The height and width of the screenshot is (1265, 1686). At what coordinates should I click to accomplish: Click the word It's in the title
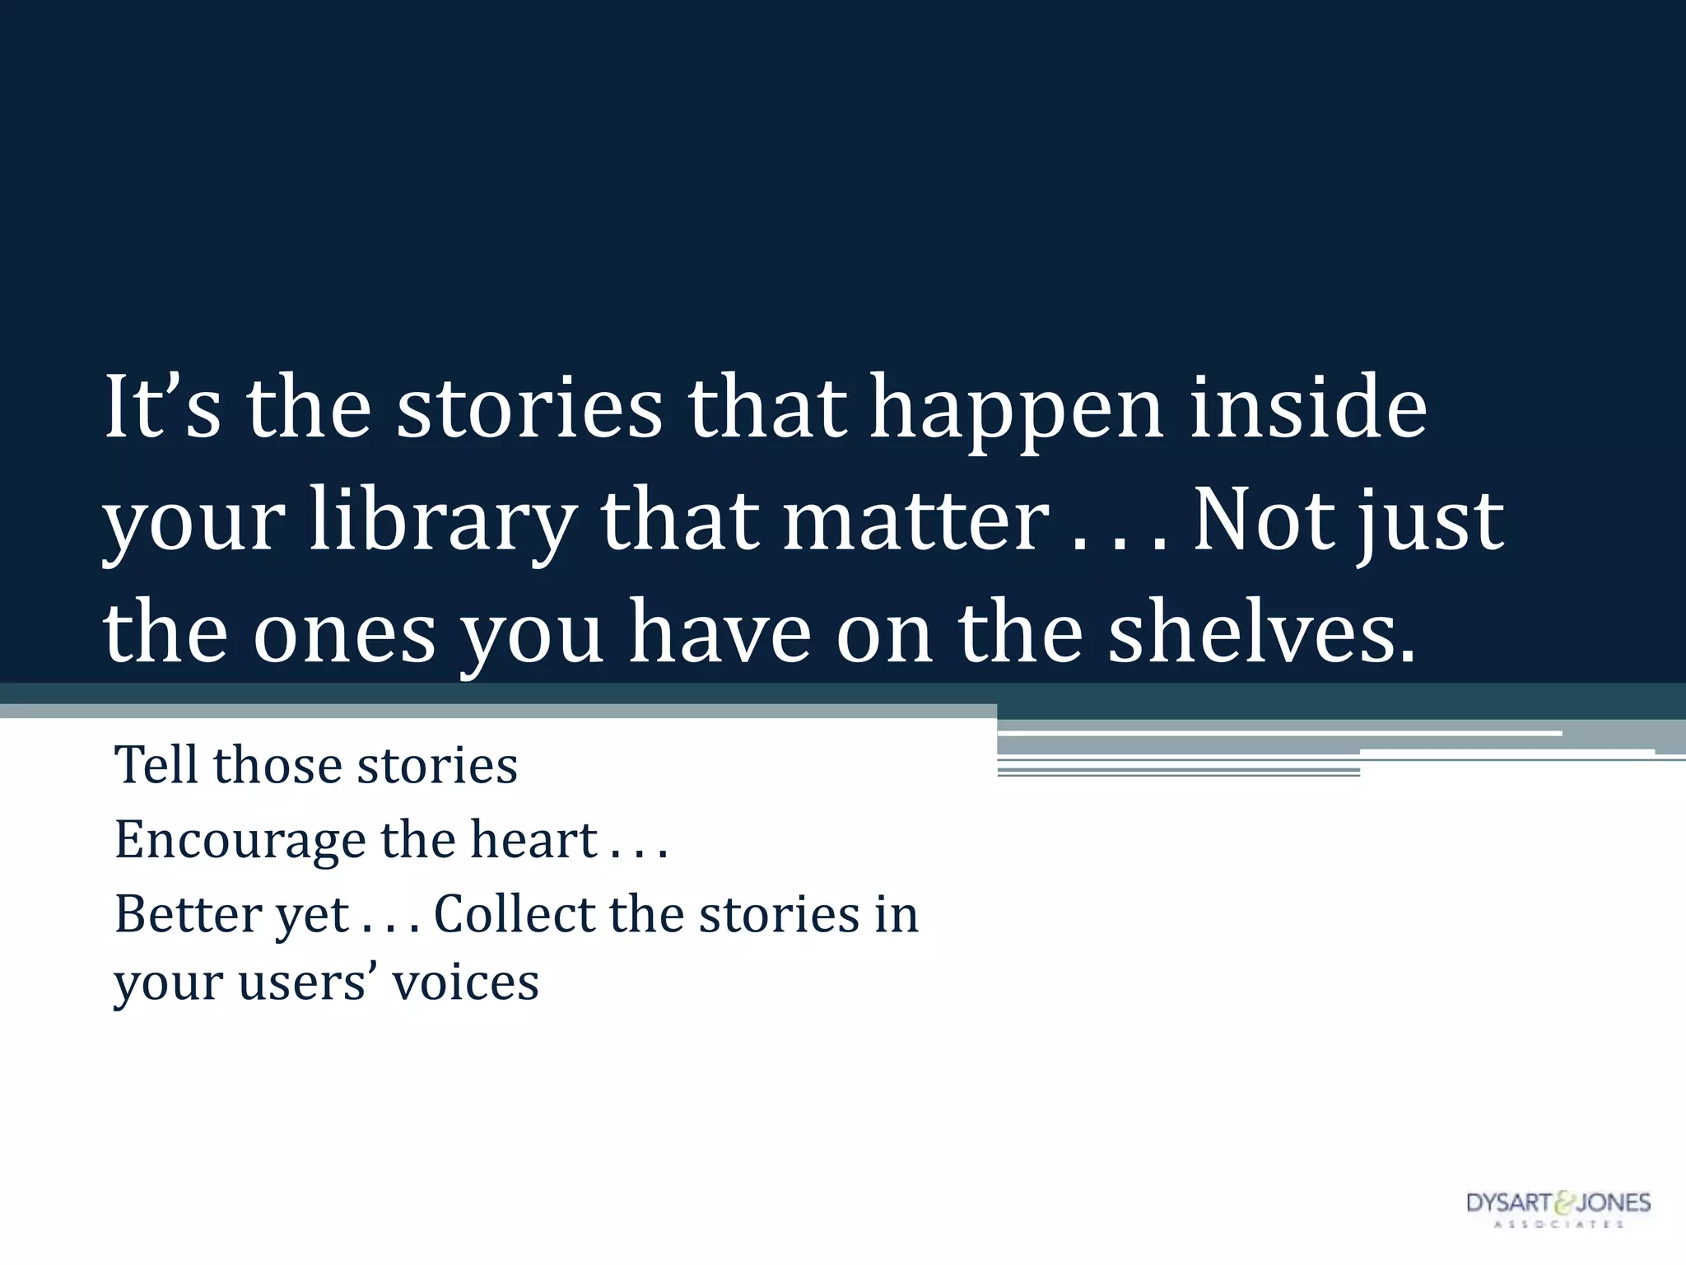tap(162, 407)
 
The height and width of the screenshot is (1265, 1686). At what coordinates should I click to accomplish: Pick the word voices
tap(465, 982)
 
